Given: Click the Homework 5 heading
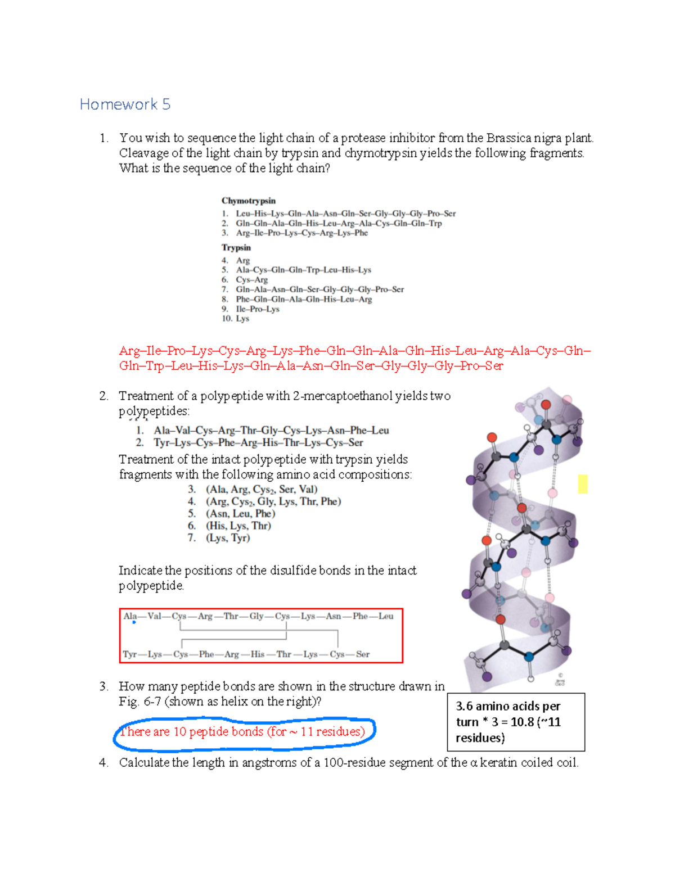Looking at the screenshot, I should (x=125, y=105).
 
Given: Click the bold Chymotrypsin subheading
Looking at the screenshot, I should (x=248, y=201).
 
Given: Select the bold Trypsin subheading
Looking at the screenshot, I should (x=236, y=247).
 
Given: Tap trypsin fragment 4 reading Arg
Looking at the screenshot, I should (x=242, y=260).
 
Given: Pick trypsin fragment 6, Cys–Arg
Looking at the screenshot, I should (x=251, y=279).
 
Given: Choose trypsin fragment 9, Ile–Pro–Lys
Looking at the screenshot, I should (x=257, y=309).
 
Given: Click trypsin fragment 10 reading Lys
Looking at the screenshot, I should (x=242, y=318).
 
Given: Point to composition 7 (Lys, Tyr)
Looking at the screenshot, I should (x=228, y=538).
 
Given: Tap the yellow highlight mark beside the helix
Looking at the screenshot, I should (x=583, y=484).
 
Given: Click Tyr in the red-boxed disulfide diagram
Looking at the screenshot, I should (x=129, y=654).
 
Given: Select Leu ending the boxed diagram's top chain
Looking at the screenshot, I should (x=386, y=616).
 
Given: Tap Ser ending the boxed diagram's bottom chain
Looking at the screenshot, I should (x=363, y=654).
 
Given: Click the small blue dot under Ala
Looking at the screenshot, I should (x=134, y=622).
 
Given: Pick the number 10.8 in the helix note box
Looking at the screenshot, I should (x=522, y=722).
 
